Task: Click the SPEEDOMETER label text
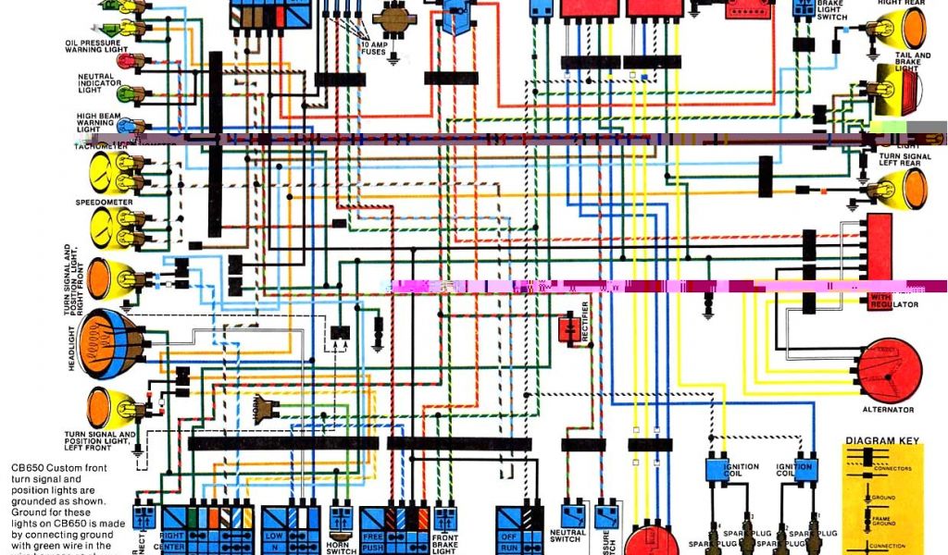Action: coord(104,201)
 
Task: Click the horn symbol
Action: coord(268,408)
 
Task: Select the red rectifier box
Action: coord(568,329)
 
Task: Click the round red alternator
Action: coord(890,370)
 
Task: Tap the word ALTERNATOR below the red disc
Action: coord(887,409)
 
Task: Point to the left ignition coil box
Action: coord(719,469)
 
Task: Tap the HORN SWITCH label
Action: coord(341,547)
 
